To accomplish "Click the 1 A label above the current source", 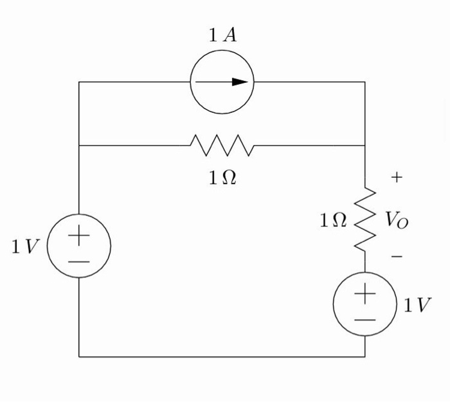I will coord(222,36).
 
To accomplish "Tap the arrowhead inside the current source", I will coord(239,82).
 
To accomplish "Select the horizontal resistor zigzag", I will coord(222,146).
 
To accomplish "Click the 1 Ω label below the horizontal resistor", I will coord(222,179).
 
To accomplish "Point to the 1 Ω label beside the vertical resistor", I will coord(334,221).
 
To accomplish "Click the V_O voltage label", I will coord(397,220).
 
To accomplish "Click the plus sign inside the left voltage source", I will coord(79,236).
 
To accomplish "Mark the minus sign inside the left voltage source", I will coord(79,261).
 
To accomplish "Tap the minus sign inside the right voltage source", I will coord(365,319).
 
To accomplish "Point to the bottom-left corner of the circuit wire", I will coord(79,356).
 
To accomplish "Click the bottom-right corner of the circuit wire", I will coord(365,356).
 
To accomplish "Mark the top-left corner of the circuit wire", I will coord(79,82).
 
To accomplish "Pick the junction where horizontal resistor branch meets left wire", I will coord(79,146).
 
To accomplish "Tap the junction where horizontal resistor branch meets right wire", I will coord(365,146).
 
